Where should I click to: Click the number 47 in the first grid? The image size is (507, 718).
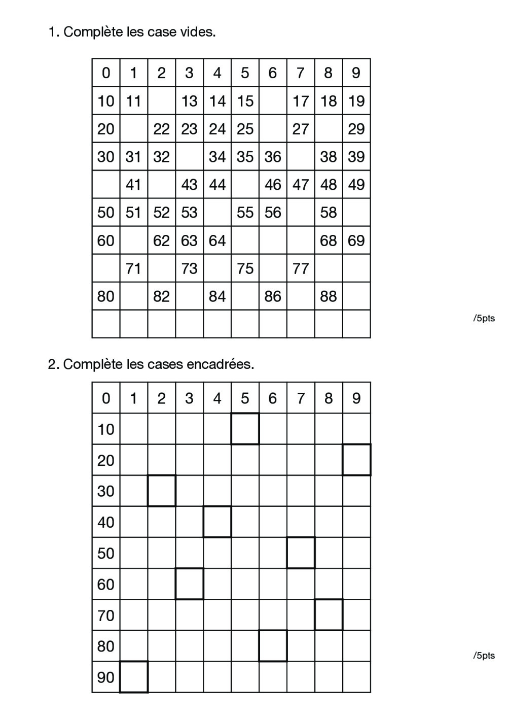301,185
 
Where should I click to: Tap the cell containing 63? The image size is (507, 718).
189,241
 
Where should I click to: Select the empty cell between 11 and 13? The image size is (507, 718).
161,101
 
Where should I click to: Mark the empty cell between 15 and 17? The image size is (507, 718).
273,101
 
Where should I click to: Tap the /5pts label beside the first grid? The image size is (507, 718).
484,319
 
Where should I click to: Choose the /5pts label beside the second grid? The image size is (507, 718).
484,656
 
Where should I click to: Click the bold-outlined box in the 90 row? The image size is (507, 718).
134,677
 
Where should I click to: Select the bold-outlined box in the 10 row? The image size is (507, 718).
245,429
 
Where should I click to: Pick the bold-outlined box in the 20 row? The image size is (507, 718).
356,460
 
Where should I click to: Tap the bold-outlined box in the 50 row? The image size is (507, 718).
301,553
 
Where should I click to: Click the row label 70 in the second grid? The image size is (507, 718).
105,616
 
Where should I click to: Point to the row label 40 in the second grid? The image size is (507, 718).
105,522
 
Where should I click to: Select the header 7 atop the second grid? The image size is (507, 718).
301,398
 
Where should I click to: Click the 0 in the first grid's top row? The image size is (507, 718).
105,73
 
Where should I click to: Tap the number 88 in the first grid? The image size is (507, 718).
329,296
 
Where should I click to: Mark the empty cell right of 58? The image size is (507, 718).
356,213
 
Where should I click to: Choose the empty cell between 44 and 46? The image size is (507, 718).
245,185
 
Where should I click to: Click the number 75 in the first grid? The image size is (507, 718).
245,268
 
